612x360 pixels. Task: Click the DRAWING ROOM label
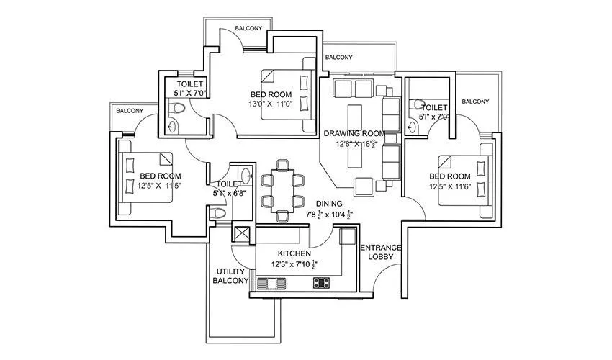coord(354,134)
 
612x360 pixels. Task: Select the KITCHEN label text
coord(294,254)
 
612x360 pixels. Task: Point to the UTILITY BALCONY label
coord(230,276)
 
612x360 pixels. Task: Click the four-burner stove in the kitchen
coord(321,282)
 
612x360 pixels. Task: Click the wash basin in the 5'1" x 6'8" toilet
coord(246,174)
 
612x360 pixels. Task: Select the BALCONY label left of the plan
coord(130,111)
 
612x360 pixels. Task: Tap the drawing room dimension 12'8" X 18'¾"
coord(354,144)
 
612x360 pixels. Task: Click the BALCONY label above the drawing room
coord(338,58)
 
